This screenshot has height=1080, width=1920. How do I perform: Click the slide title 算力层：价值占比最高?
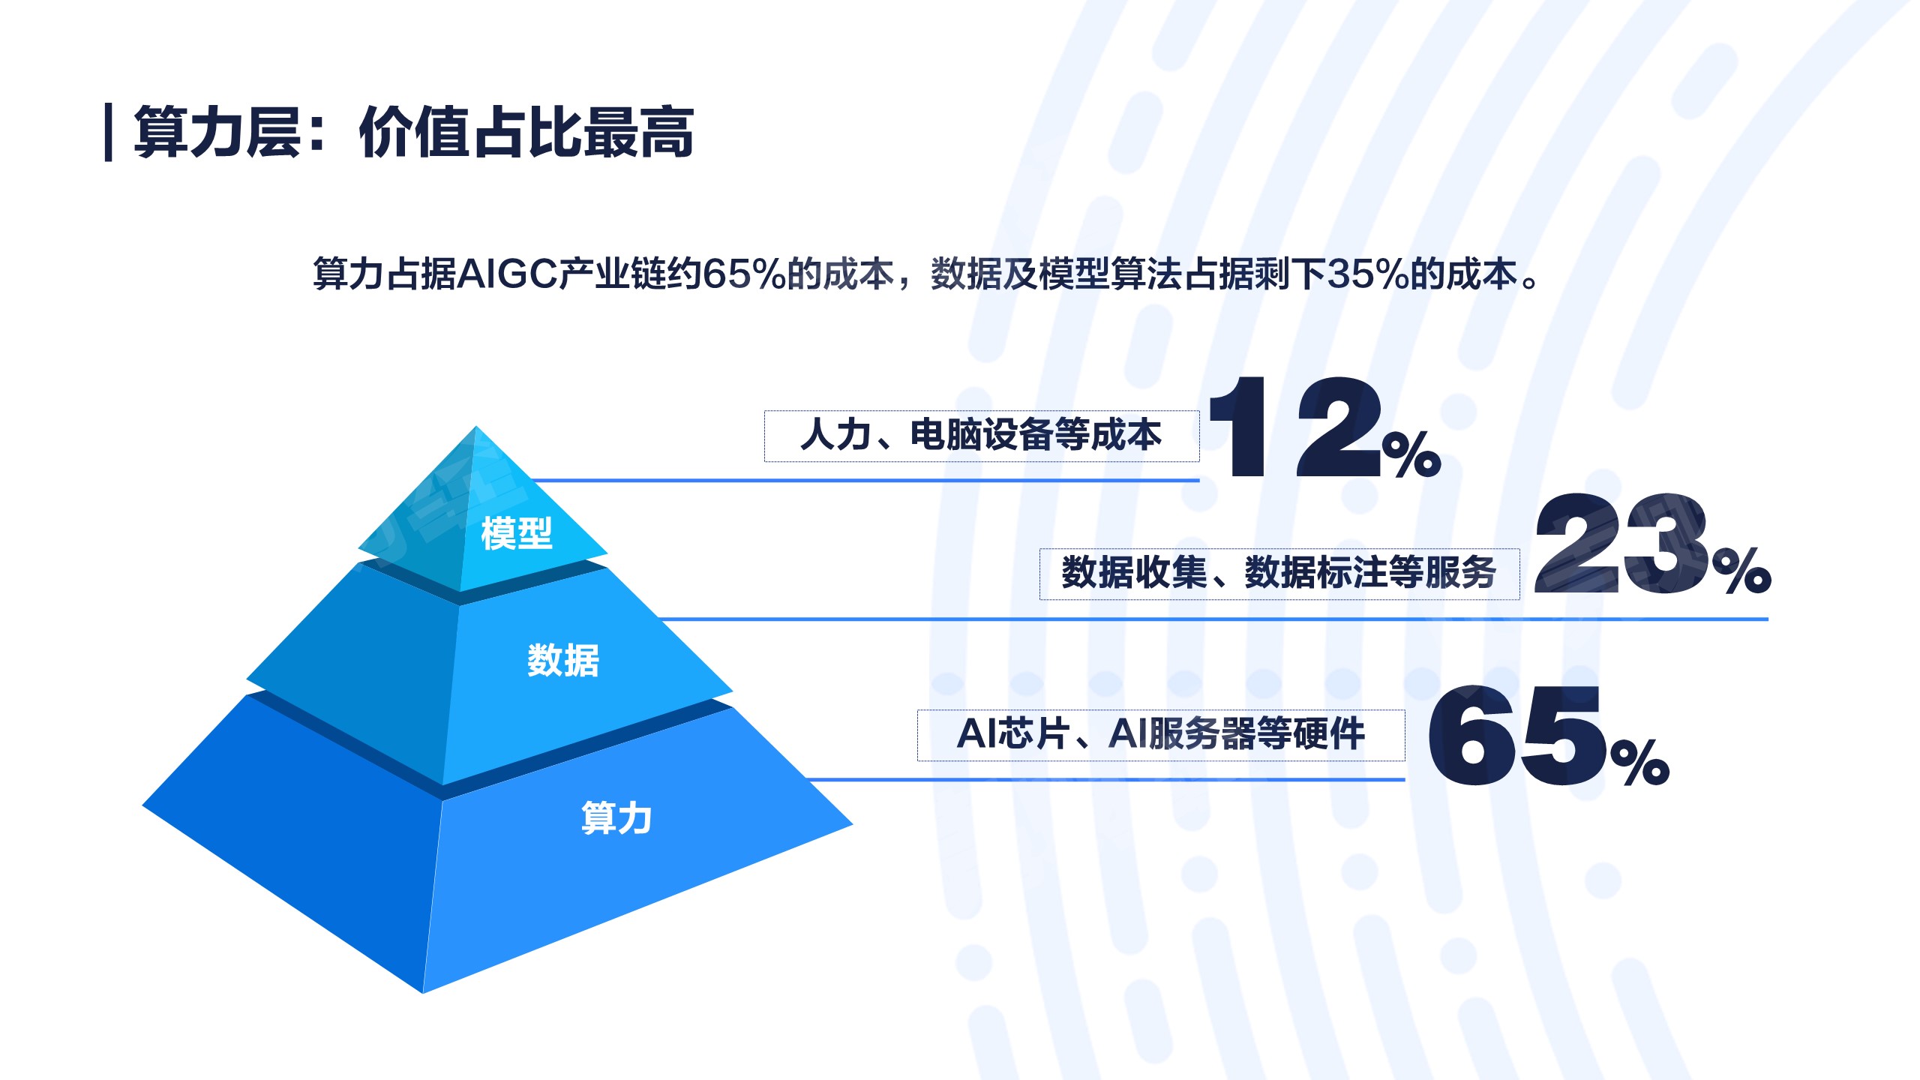[414, 133]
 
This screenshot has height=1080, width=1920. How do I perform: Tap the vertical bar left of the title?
[109, 133]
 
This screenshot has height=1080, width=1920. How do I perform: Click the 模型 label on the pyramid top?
[517, 533]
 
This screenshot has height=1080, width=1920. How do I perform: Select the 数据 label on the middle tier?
[563, 661]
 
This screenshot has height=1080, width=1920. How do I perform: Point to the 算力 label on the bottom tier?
[616, 817]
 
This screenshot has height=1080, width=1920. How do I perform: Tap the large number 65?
[1516, 736]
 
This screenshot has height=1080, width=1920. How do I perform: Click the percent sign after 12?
[1411, 454]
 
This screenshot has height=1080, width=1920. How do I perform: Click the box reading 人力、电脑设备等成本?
[982, 436]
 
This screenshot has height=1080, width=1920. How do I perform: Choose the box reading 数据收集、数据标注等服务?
[1279, 574]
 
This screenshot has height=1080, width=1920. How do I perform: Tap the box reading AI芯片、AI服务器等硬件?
[1161, 735]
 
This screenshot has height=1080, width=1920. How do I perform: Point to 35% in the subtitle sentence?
[1368, 274]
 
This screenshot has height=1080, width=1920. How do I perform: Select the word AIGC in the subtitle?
[507, 274]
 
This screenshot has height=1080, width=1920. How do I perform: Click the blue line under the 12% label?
[865, 480]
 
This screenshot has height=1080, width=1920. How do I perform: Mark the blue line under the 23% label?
[1213, 619]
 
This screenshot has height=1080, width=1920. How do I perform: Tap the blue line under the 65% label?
[1105, 780]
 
